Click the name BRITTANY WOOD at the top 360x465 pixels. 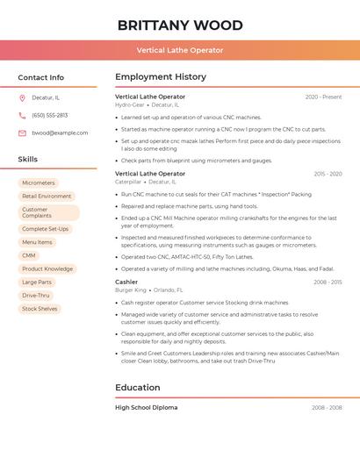pyautogui.click(x=180, y=25)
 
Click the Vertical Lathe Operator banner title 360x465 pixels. pyautogui.click(x=180, y=50)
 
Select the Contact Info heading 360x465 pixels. pyautogui.click(x=41, y=77)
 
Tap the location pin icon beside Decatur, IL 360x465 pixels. pyautogui.click(x=22, y=97)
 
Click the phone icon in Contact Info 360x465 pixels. pyautogui.click(x=22, y=115)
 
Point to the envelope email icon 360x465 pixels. pyautogui.click(x=22, y=132)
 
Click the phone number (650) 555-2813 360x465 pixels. pyautogui.click(x=49, y=115)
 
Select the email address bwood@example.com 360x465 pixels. pyautogui.click(x=60, y=132)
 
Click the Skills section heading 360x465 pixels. pyautogui.click(x=28, y=159)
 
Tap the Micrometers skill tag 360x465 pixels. pyautogui.click(x=39, y=182)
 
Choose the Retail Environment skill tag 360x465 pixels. pyautogui.click(x=47, y=197)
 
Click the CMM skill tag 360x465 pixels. pyautogui.click(x=29, y=255)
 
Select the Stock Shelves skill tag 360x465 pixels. pyautogui.click(x=40, y=309)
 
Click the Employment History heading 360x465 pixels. pyautogui.click(x=161, y=77)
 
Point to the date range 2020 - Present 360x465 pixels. pyautogui.click(x=323, y=97)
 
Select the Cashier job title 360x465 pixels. pyautogui.click(x=126, y=282)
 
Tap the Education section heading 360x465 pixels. pyautogui.click(x=138, y=387)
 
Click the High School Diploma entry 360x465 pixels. pyautogui.click(x=146, y=407)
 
